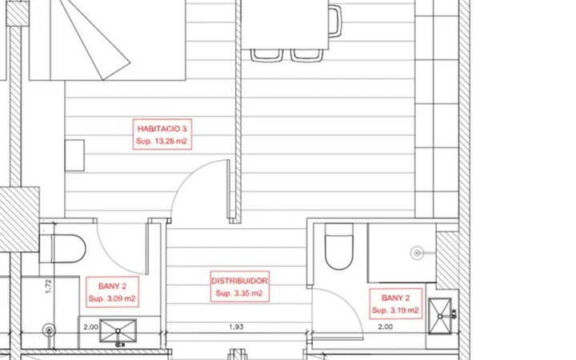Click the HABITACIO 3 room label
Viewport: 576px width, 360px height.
coord(162,129)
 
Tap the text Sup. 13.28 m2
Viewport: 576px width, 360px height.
coord(162,141)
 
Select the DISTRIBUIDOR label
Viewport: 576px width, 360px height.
coord(239,281)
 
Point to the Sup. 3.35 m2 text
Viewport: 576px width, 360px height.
coord(239,293)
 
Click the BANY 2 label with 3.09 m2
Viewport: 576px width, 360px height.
coord(113,286)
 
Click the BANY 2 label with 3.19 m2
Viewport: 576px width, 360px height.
coord(396,298)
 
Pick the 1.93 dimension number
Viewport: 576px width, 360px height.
coord(236,326)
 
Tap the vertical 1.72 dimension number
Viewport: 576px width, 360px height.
coord(49,286)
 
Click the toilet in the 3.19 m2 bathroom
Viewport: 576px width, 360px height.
coord(339,246)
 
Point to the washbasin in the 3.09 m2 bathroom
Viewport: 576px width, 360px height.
coord(118,331)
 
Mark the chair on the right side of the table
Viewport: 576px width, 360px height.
coord(334,21)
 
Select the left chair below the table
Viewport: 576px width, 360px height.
coord(267,55)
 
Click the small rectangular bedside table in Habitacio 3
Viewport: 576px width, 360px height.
coord(74,155)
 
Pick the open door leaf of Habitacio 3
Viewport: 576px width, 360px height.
coord(228,189)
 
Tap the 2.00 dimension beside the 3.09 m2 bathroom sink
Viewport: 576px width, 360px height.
coord(90,327)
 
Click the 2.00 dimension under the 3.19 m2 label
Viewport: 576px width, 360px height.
coord(386,326)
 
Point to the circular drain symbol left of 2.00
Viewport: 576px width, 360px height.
coord(49,330)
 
